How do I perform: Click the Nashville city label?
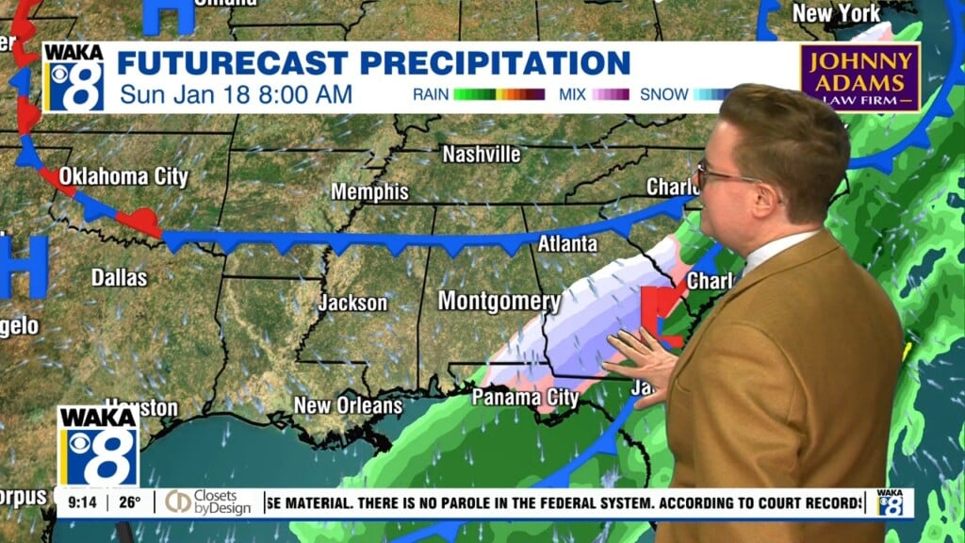click(481, 154)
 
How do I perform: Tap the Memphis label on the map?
click(369, 192)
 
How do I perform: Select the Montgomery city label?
click(499, 302)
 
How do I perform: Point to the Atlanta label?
click(567, 244)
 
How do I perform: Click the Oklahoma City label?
click(123, 176)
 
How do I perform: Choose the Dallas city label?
click(119, 277)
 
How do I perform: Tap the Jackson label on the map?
click(352, 303)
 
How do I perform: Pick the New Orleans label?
click(348, 405)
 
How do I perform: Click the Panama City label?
click(525, 397)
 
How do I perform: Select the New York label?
click(836, 14)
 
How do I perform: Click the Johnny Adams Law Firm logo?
click(860, 77)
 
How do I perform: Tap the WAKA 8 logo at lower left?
click(98, 445)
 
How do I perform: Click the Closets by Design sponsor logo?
click(208, 502)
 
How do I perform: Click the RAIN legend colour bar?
click(499, 94)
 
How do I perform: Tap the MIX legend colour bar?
click(610, 94)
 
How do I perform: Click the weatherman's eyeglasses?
click(724, 176)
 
